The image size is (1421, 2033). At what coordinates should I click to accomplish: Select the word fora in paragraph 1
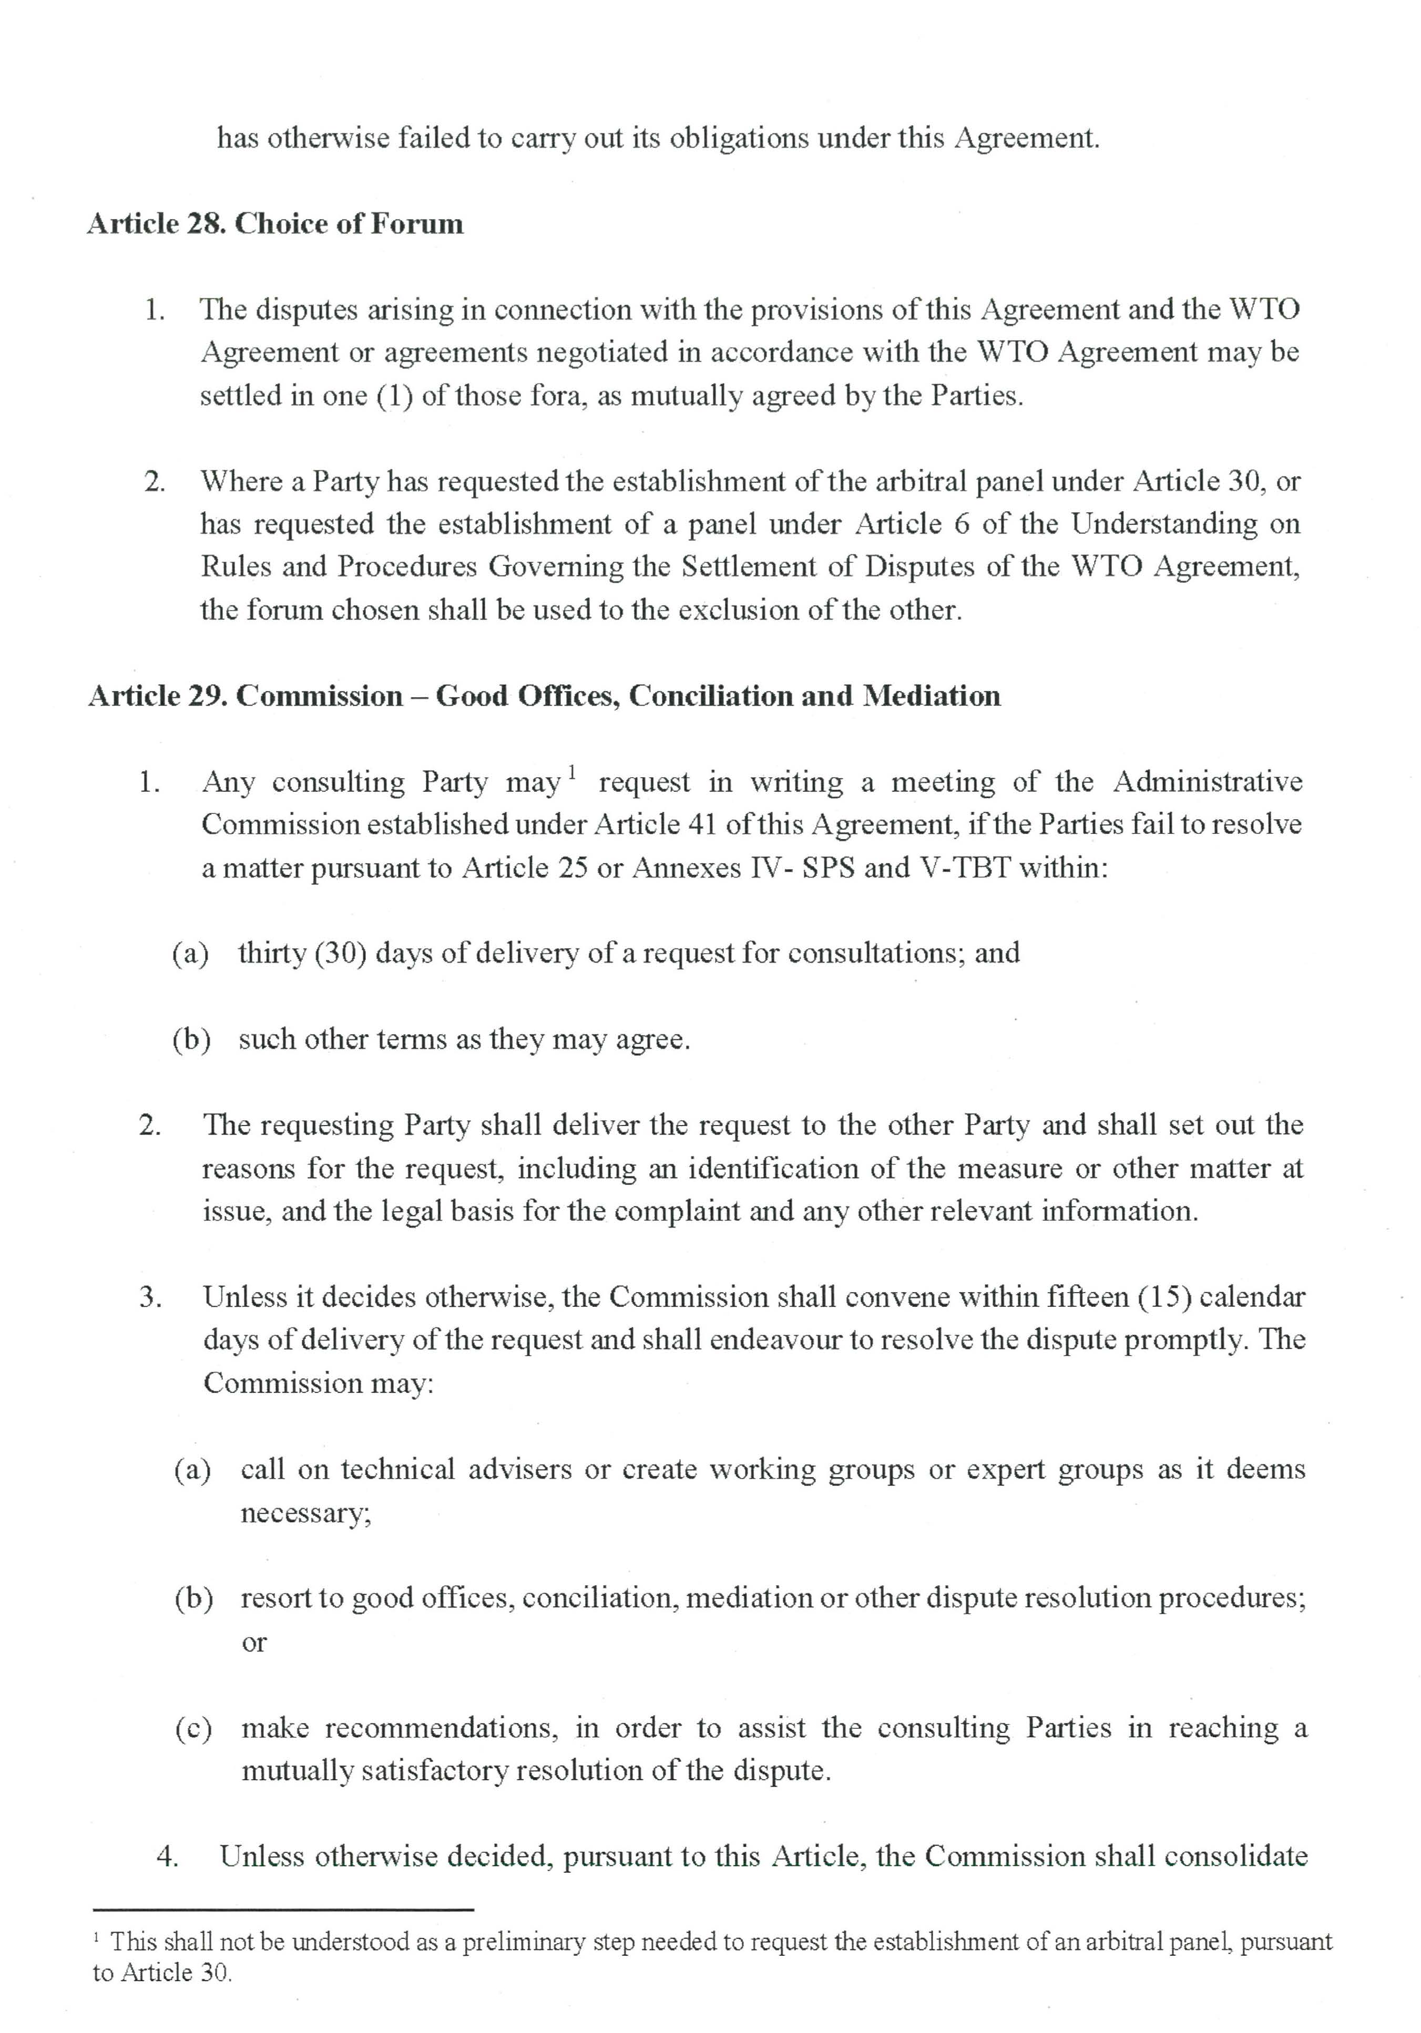pyautogui.click(x=556, y=396)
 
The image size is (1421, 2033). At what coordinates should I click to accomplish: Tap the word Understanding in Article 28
pyautogui.click(x=1164, y=524)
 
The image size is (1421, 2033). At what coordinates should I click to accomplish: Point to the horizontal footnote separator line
pyautogui.click(x=283, y=1911)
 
